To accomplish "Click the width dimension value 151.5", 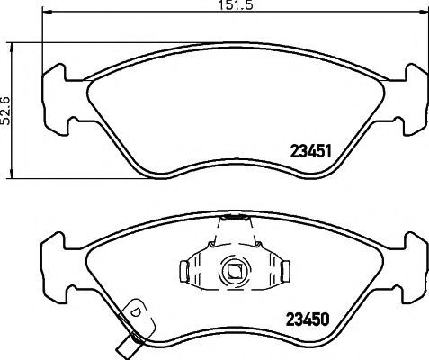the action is point(236,5).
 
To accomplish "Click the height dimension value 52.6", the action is point(5,110).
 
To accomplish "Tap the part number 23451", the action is point(311,151).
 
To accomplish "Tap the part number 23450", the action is point(308,319).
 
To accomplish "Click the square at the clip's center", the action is point(234,271).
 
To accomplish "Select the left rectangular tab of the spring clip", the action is point(184,272).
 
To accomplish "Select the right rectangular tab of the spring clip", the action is point(285,272).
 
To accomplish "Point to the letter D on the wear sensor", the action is point(136,311).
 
